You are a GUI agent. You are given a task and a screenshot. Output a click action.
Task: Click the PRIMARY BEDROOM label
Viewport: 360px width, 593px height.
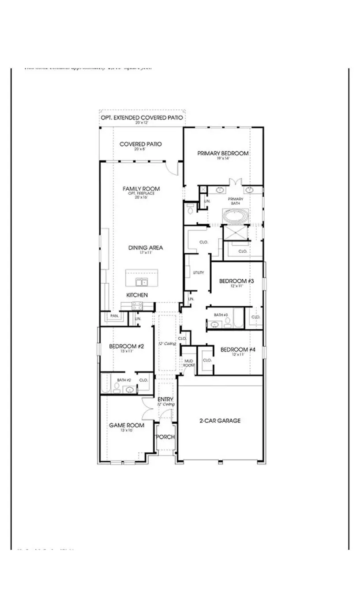click(x=223, y=153)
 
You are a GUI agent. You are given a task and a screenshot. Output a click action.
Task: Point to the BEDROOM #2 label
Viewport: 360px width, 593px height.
click(x=127, y=346)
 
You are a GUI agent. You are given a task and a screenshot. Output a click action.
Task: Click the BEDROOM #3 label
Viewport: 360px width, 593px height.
click(x=237, y=281)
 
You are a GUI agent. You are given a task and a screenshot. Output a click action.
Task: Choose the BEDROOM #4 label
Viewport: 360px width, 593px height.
click(x=238, y=349)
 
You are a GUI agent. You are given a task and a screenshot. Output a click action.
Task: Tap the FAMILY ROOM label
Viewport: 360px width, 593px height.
click(x=141, y=189)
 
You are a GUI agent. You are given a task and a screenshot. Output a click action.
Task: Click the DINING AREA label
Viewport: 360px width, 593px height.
click(x=146, y=248)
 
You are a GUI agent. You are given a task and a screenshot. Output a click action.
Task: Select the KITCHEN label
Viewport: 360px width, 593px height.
click(x=137, y=295)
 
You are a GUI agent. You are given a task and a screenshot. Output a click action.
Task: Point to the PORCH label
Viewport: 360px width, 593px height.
click(x=166, y=437)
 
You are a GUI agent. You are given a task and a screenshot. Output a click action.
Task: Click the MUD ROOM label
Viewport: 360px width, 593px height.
click(x=189, y=363)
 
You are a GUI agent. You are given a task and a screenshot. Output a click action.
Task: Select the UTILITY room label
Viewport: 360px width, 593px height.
click(x=199, y=273)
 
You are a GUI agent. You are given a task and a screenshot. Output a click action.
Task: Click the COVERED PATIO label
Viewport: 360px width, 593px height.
click(x=141, y=144)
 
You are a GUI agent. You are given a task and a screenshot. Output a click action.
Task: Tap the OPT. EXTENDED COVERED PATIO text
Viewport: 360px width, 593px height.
click(x=141, y=118)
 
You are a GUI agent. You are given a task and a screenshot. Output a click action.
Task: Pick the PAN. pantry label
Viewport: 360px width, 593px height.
click(x=114, y=316)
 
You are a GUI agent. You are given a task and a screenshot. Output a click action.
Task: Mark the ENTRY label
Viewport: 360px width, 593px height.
click(x=165, y=399)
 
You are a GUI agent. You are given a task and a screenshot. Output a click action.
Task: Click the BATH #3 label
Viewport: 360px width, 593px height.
click(x=221, y=315)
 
